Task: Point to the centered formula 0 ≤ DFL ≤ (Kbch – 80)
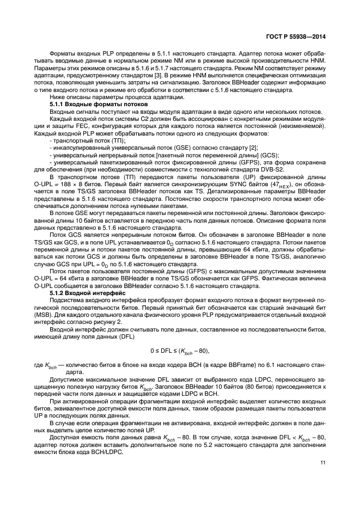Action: [x=180, y=350]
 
